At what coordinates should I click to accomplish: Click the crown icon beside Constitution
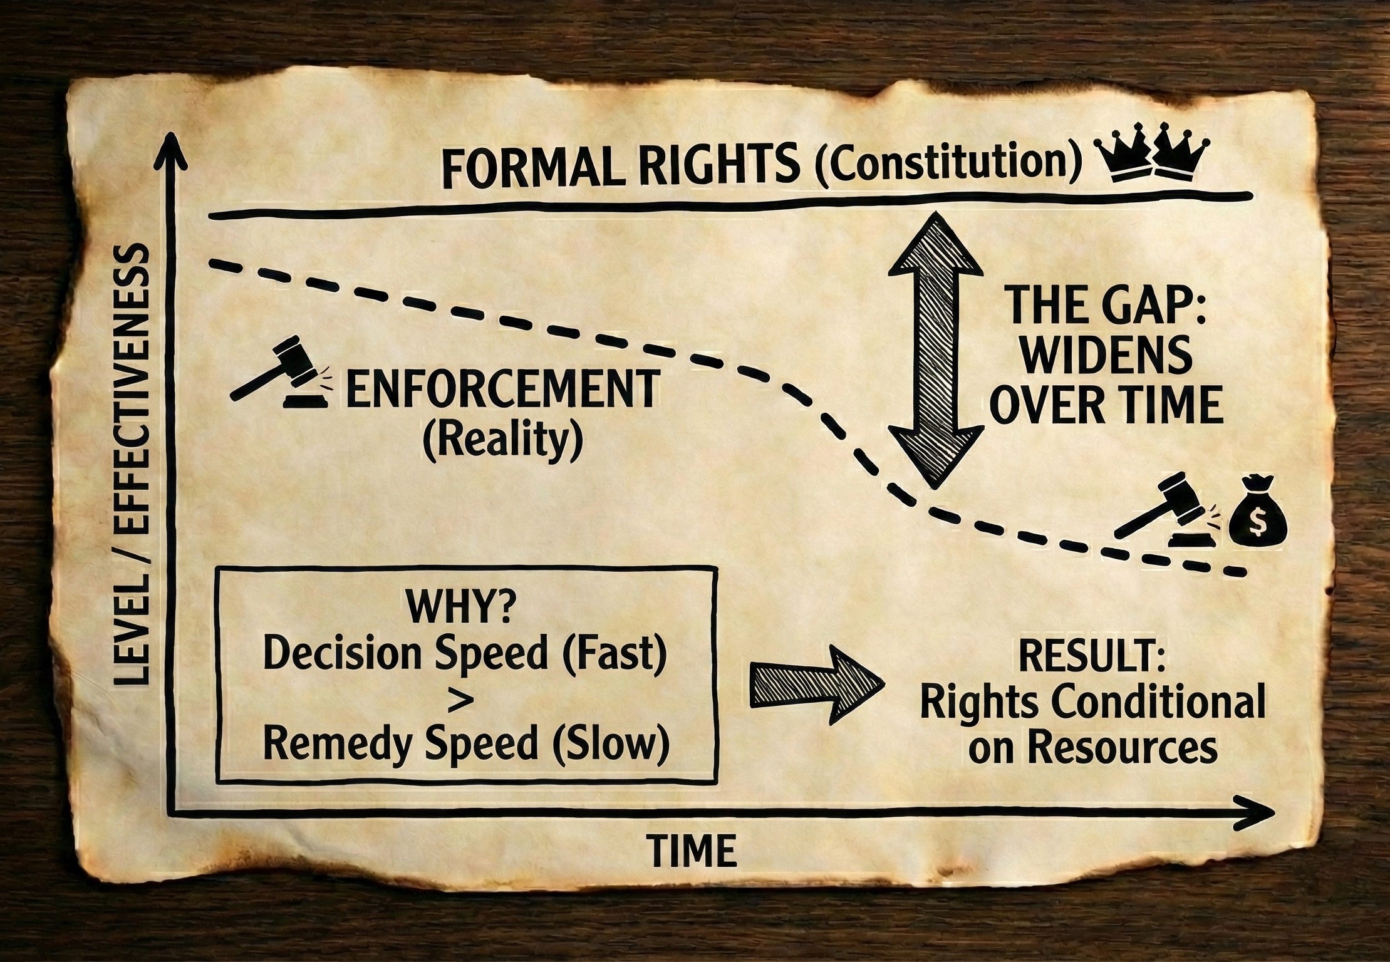tap(1148, 161)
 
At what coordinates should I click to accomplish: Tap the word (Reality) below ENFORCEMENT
tap(503, 443)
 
